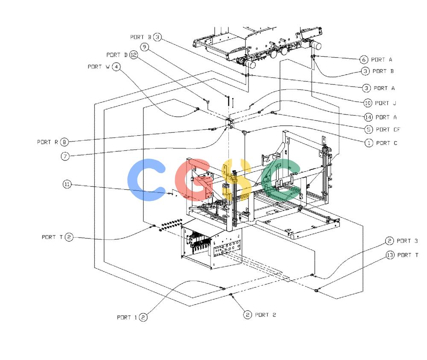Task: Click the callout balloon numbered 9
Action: (144, 47)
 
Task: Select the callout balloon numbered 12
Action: (133, 55)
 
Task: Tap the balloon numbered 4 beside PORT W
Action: (116, 67)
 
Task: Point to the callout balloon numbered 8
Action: (64, 142)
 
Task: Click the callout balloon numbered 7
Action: (65, 156)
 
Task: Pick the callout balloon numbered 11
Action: (67, 184)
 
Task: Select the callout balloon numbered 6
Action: (364, 60)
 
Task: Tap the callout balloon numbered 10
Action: (368, 103)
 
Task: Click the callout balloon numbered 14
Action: (368, 117)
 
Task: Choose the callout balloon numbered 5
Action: (369, 129)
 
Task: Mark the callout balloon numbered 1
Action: (369, 143)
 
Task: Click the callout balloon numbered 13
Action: (390, 255)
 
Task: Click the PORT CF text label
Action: (388, 130)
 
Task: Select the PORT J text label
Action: (386, 103)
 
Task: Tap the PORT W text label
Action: (99, 67)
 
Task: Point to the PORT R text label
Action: (48, 142)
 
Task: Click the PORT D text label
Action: (117, 55)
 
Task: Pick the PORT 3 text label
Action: (407, 241)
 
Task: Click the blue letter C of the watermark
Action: (146, 180)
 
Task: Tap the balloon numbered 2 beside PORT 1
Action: (143, 317)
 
